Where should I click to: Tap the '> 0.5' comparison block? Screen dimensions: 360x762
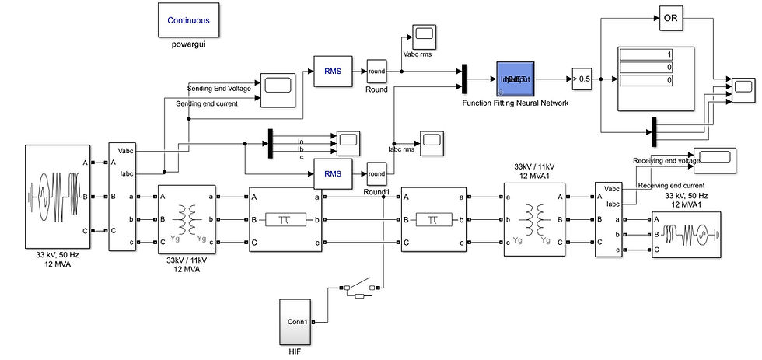pyautogui.click(x=581, y=79)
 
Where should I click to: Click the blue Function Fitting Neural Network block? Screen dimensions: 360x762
pyautogui.click(x=515, y=79)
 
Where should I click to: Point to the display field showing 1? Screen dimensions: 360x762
pyautogui.click(x=646, y=54)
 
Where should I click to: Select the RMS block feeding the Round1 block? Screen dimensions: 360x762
pyautogui.click(x=333, y=173)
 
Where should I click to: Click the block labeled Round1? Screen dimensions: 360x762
pyautogui.click(x=376, y=173)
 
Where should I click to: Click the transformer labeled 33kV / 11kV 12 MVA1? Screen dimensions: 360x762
pyautogui.click(x=534, y=220)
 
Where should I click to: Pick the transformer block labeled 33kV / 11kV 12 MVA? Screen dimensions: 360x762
pyautogui.click(x=187, y=220)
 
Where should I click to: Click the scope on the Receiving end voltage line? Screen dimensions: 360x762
pyautogui.click(x=713, y=159)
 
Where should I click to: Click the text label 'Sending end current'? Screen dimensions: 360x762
pyautogui.click(x=208, y=103)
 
